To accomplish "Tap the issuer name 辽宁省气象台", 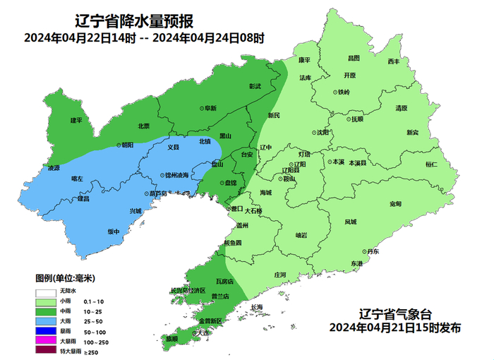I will [x=394, y=314].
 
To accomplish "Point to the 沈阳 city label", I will [x=322, y=132].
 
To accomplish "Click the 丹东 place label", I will [x=372, y=251].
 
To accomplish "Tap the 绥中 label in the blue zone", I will [x=113, y=232].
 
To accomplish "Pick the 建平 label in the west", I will [x=76, y=120].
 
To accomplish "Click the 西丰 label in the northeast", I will [x=393, y=62].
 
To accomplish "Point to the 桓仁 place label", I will [x=431, y=164].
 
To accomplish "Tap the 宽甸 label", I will [x=395, y=203].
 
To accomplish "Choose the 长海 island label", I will [x=255, y=306].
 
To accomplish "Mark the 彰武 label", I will [x=255, y=86].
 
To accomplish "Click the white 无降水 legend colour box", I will [x=46, y=291].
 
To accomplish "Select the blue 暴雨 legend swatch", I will [x=46, y=330].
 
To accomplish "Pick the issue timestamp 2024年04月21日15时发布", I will [x=394, y=328].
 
